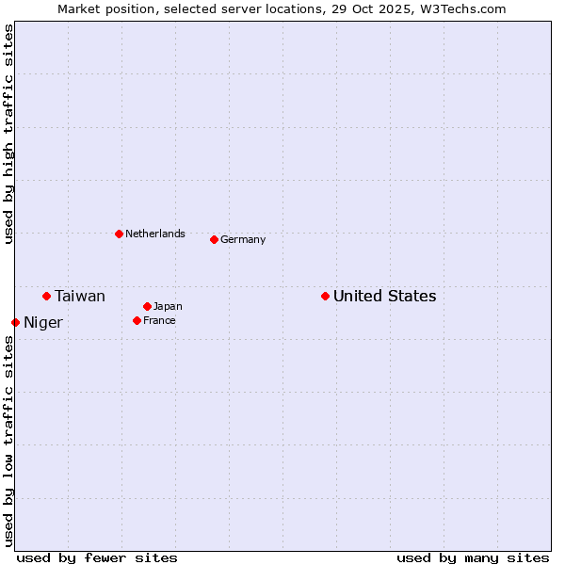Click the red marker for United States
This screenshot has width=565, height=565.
tap(325, 297)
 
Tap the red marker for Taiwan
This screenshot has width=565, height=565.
tap(46, 297)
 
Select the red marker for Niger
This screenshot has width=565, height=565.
tap(16, 323)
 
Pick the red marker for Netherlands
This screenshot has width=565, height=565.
tap(119, 234)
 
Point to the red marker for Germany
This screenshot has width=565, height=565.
tap(214, 239)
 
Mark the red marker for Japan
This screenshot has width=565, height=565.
tap(147, 306)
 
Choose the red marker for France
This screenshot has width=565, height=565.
tap(137, 321)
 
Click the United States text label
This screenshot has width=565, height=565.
tap(384, 297)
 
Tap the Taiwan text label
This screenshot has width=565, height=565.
tap(80, 297)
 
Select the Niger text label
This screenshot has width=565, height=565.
tap(43, 323)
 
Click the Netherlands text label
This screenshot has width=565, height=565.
tap(155, 234)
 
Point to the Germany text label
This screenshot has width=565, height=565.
tap(243, 239)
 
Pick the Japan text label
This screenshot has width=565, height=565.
tap(168, 306)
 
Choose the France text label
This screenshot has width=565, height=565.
tap(159, 321)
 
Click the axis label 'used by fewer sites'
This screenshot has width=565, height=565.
tap(97, 557)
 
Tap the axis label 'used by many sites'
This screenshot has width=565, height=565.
tap(473, 557)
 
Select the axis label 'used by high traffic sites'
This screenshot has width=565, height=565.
tap(8, 134)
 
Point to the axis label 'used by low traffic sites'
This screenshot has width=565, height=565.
tap(8, 441)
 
